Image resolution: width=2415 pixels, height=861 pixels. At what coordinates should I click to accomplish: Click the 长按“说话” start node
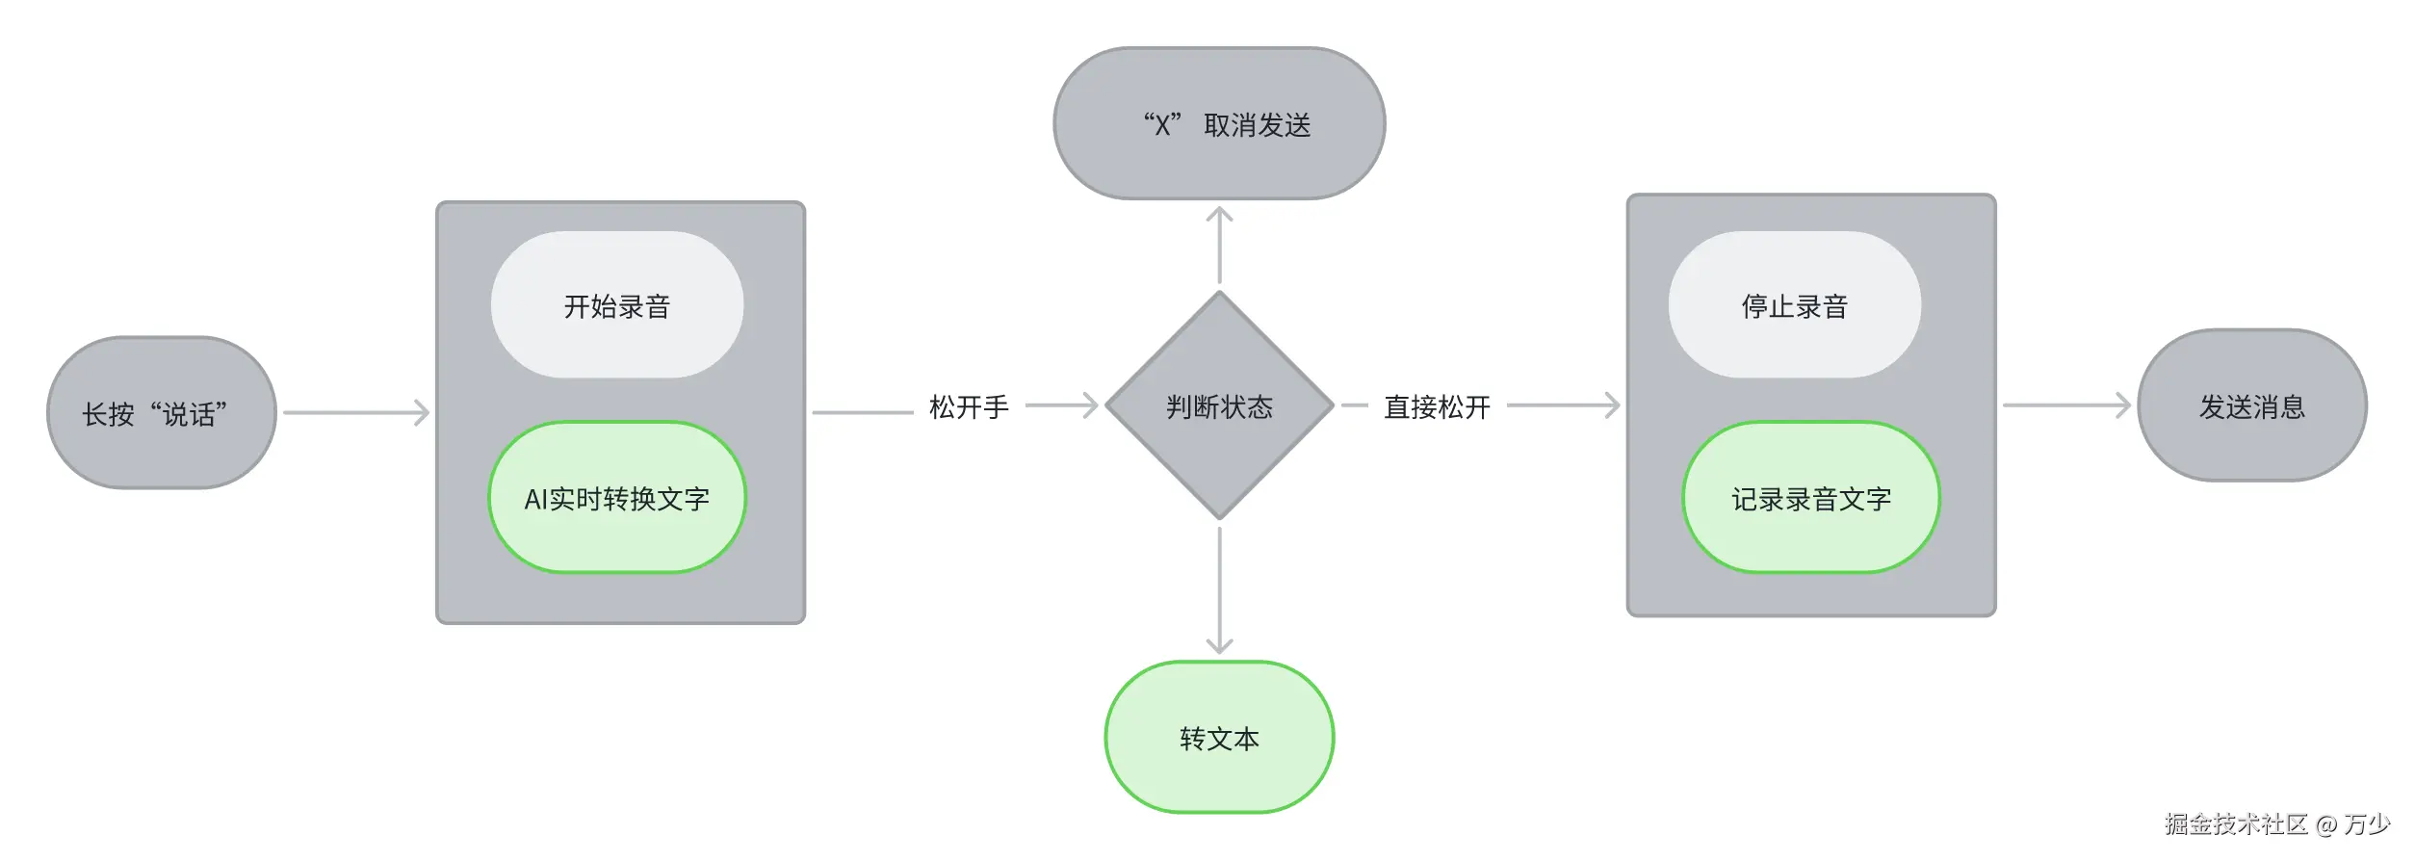coord(162,413)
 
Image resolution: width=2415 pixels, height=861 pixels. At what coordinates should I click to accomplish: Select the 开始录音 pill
coord(617,305)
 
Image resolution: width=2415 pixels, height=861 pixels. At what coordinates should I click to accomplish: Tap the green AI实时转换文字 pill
coord(617,498)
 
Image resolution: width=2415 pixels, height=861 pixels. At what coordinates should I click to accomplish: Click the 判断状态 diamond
coord(1219,405)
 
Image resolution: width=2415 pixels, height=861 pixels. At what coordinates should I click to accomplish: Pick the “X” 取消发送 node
coord(1219,124)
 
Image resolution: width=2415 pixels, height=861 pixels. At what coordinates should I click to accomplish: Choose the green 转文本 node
coord(1219,738)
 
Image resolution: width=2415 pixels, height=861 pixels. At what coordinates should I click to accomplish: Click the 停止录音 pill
coord(1794,305)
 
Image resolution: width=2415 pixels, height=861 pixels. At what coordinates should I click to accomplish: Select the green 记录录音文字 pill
coord(1810,498)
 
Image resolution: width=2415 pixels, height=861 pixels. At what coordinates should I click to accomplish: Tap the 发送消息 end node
coord(2251,405)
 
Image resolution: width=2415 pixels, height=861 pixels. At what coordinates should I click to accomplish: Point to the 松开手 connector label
coord(969,406)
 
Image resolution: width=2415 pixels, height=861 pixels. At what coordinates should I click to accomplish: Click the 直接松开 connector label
coord(1437,406)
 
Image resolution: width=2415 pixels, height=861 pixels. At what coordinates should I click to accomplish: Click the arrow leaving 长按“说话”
coord(356,413)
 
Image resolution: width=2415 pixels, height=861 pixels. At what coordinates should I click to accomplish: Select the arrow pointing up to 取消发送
coord(1219,245)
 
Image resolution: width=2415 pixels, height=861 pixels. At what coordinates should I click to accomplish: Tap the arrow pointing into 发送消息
coord(2066,405)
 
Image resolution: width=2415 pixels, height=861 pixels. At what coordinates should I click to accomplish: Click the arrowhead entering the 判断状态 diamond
coord(1088,405)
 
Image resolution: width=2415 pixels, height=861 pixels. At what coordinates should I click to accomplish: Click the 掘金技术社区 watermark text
coord(2236,824)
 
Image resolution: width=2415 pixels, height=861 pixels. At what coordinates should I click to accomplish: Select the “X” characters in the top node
coord(1162,125)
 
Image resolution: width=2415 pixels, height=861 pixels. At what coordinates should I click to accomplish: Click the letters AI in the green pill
coord(535,499)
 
